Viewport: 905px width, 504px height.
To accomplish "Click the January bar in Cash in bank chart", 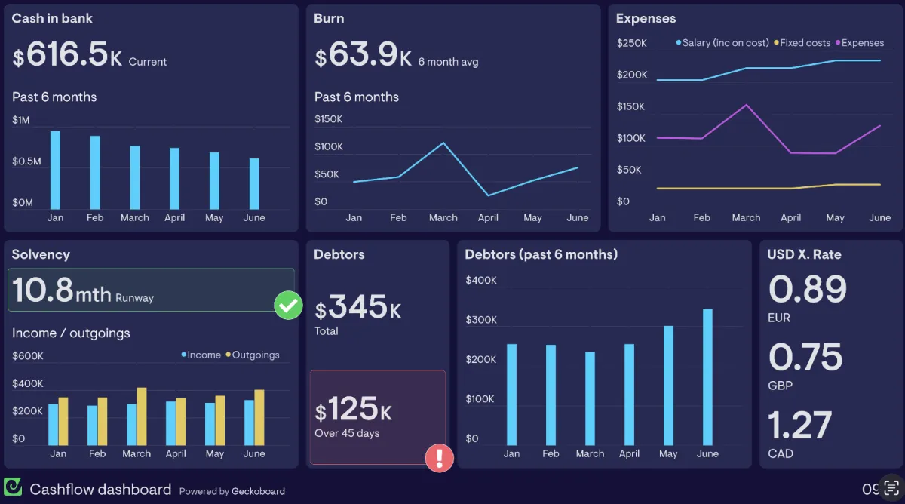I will point(55,171).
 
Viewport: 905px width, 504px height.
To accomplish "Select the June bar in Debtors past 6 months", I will point(707,377).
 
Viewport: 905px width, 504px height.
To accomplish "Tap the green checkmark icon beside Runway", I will point(287,306).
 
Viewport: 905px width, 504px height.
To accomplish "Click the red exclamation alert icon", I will point(439,458).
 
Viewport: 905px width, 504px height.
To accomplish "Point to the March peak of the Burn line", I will point(443,143).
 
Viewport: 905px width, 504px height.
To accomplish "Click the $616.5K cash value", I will point(67,55).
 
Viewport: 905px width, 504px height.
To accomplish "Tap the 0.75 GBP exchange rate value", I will point(805,358).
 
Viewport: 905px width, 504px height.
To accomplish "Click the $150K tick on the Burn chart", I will point(328,119).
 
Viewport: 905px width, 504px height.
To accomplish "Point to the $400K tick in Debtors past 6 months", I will point(481,281).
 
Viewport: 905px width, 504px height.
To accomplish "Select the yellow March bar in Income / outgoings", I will point(142,416).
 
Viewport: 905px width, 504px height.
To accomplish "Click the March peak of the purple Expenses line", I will point(746,105).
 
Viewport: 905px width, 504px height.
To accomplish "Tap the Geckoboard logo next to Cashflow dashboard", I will point(13,487).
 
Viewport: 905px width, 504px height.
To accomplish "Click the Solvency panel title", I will point(41,254).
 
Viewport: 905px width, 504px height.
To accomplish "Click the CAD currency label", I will point(781,453).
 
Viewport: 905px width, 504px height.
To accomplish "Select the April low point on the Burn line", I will point(488,195).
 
